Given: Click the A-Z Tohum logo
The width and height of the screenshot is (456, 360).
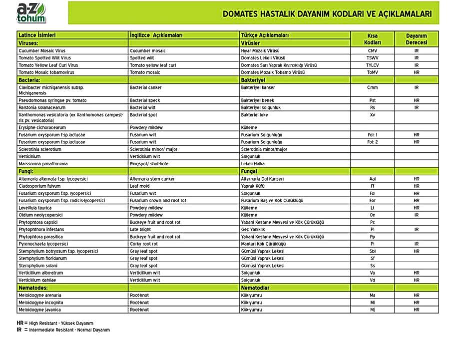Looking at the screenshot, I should (31, 13).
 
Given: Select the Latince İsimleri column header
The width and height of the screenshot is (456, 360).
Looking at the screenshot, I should (37, 35).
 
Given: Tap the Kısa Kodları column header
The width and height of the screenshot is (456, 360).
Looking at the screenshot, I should (372, 39).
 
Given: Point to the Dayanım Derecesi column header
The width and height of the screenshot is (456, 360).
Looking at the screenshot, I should (416, 39).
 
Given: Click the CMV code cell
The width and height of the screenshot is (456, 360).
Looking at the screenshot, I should (372, 51).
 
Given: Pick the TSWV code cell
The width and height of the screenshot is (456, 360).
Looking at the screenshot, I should (372, 58).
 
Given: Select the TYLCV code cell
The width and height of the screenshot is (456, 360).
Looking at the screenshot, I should (372, 65).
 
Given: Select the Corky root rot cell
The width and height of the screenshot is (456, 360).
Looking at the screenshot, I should (144, 244).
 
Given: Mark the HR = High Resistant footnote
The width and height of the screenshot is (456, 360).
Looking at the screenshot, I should (55, 323).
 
